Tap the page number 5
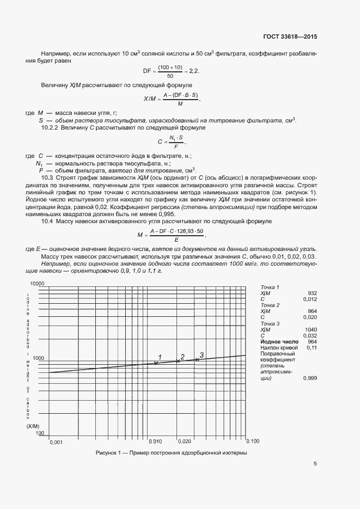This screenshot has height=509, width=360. pyautogui.click(x=315, y=464)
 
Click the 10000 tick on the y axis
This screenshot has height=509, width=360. pyautogui.click(x=36, y=284)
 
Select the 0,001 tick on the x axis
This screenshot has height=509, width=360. pyautogui.click(x=56, y=443)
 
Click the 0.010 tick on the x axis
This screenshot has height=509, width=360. pyautogui.click(x=155, y=441)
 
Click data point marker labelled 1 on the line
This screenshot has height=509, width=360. pyautogui.click(x=156, y=363)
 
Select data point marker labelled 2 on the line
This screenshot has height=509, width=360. pyautogui.click(x=178, y=360)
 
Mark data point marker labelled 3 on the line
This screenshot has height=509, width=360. pyautogui.click(x=197, y=359)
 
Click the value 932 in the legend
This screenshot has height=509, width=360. pyautogui.click(x=312, y=293)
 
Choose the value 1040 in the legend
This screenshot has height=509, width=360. pyautogui.click(x=310, y=329)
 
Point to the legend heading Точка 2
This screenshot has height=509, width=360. pyautogui.click(x=270, y=305)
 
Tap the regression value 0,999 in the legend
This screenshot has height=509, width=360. pyautogui.click(x=310, y=378)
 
